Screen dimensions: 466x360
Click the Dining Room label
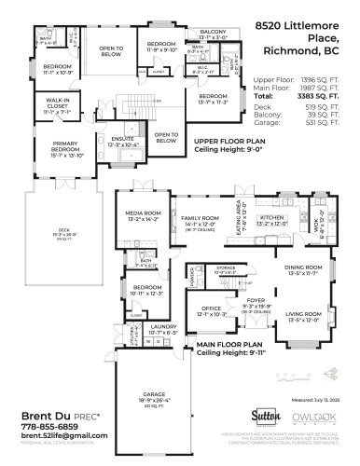point(304,270)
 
